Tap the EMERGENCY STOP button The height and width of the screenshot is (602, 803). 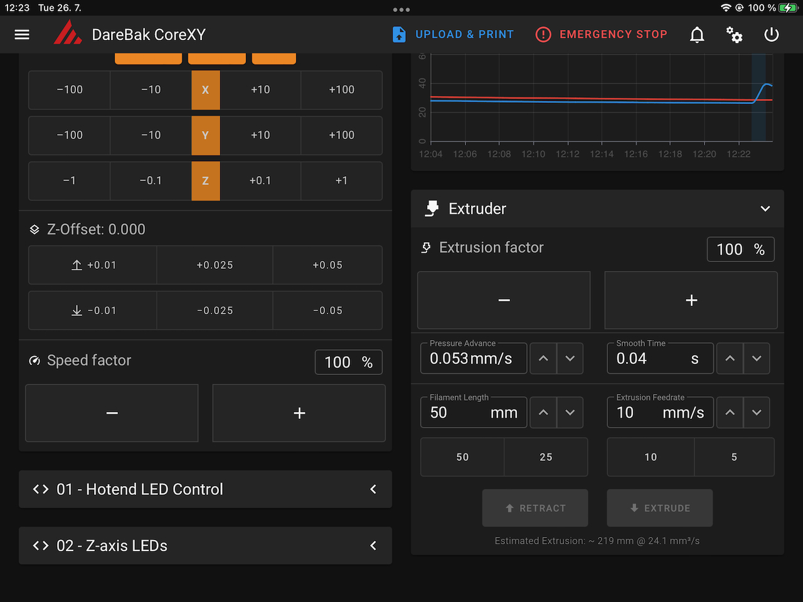click(601, 34)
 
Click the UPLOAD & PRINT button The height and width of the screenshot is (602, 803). click(453, 34)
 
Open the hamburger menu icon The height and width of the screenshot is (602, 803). click(22, 34)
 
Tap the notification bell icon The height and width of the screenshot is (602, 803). click(697, 34)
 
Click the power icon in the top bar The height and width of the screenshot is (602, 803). click(772, 34)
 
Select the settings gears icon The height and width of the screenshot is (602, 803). click(734, 34)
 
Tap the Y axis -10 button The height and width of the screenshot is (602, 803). click(151, 135)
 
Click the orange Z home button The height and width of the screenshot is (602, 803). click(205, 181)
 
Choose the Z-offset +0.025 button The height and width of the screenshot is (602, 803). click(215, 265)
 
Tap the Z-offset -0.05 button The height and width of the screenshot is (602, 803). click(327, 310)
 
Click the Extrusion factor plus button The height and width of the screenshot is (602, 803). click(691, 300)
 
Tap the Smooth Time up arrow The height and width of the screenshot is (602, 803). click(730, 359)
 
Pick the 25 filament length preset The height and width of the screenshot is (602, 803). click(546, 457)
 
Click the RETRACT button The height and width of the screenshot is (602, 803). click(535, 508)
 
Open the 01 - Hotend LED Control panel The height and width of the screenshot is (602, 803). click(205, 489)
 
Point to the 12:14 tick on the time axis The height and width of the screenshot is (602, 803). click(602, 154)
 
